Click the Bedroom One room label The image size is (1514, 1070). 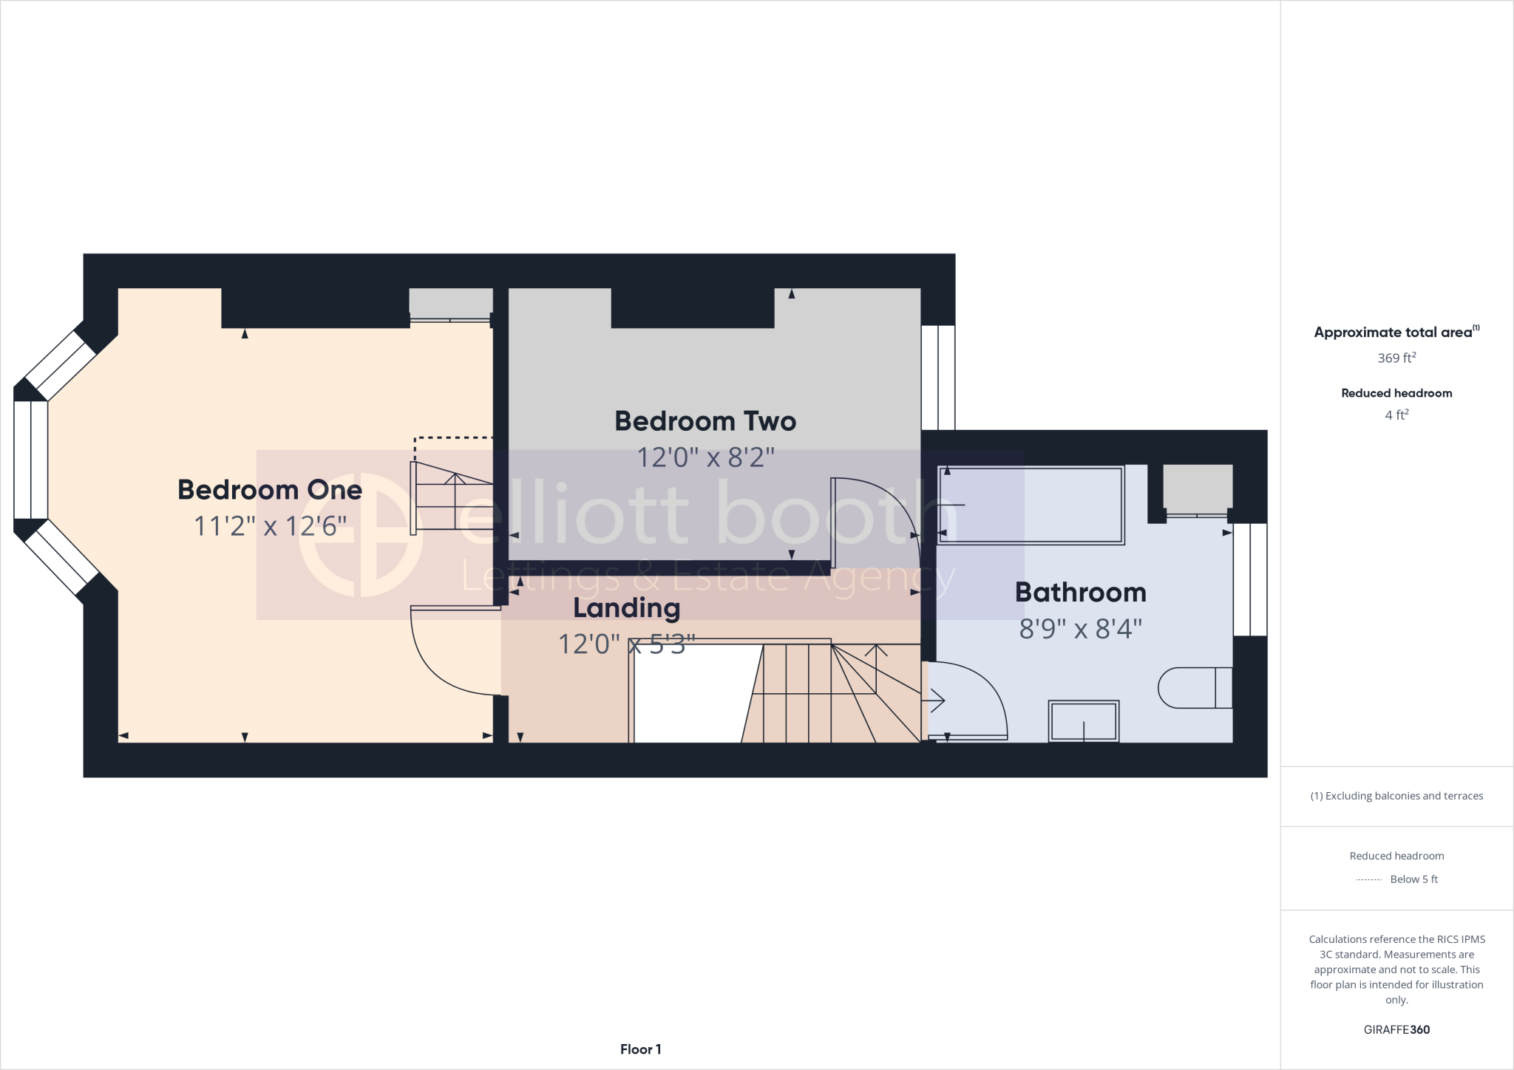pos(270,490)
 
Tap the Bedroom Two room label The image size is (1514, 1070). pos(705,421)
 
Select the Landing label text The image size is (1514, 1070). pos(626,608)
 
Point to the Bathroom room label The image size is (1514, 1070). pos(1080,593)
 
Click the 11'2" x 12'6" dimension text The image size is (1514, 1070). pos(270,526)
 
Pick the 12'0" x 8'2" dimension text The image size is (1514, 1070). pos(705,457)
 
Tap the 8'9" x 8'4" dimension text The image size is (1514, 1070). pos(1080,629)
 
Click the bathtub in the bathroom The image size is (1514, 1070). pos(1031,505)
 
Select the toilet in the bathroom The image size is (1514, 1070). pos(1194,688)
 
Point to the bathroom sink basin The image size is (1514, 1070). pos(1084,720)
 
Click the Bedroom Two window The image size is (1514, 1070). pos(938,378)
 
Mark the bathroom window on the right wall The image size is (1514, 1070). pos(1250,579)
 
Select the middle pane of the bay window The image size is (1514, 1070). pos(30,460)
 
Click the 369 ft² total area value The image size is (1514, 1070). pos(1396,358)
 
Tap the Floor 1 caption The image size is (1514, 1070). pos(640,1049)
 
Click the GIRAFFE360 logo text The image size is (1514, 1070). pos(1396,1029)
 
